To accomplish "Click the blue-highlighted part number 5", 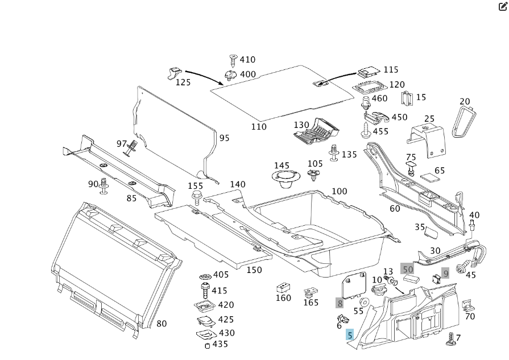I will (x=350, y=336).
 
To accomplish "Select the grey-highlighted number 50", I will (x=408, y=269).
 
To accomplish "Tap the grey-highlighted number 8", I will (x=340, y=303).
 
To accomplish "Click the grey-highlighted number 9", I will (x=446, y=274).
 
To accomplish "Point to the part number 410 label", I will (x=247, y=60).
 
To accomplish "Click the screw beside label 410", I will (x=232, y=60).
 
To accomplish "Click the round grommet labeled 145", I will (x=285, y=179).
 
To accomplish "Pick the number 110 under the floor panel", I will (x=259, y=126).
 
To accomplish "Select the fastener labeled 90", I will (x=104, y=185).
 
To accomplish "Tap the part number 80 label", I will (x=162, y=324).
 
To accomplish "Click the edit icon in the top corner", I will (x=503, y=7).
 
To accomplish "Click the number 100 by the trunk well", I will (x=339, y=191).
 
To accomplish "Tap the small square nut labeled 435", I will (x=207, y=345).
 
